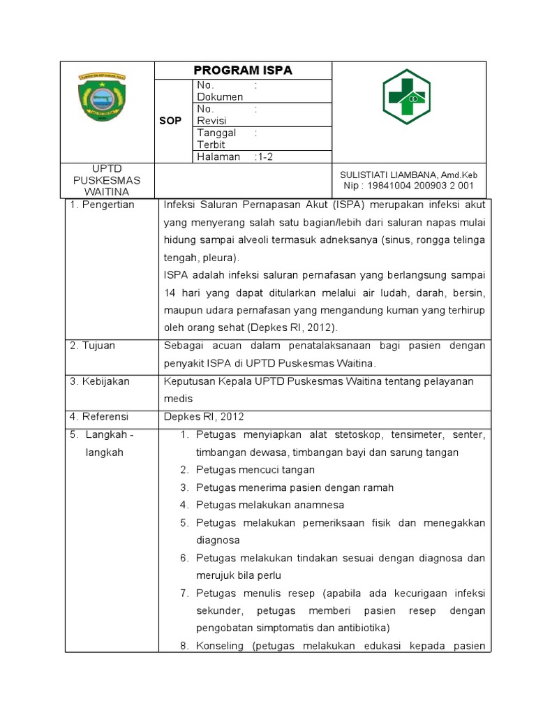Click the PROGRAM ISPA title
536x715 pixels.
(242, 70)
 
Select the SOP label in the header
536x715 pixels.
(170, 121)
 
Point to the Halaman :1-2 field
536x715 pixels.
(234, 157)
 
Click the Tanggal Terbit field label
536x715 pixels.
(216, 138)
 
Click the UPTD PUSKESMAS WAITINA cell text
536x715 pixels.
(107, 180)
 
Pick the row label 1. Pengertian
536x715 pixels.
(102, 205)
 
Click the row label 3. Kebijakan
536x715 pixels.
(99, 381)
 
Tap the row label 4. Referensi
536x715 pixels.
(99, 417)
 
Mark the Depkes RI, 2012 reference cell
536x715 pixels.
(204, 417)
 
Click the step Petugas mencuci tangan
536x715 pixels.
(255, 470)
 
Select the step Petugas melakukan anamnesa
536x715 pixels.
(270, 505)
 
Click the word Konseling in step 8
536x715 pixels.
(219, 646)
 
